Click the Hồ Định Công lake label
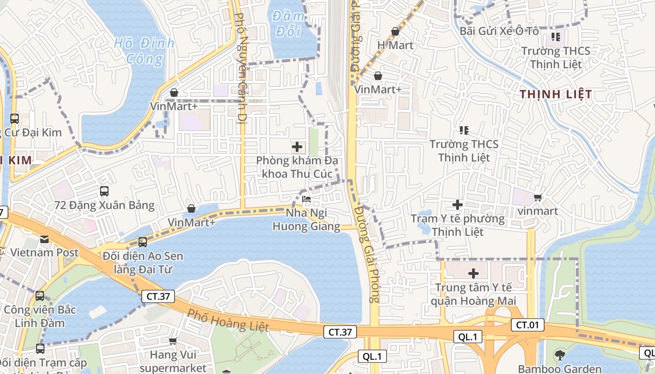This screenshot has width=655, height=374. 145,51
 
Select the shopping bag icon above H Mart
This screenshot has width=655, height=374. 395,31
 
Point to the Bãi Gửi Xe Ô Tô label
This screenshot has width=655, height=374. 499,31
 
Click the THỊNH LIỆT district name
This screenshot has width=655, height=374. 556,94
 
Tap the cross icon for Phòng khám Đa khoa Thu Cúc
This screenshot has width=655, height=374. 297,147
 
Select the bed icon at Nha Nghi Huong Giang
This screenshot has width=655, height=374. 306,199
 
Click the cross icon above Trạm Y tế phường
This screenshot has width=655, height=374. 458,204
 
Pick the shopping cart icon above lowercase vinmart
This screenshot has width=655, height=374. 538,197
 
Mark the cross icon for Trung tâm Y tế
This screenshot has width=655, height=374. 473,273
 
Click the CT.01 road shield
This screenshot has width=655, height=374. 527,325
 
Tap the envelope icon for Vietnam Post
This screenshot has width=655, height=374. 44,239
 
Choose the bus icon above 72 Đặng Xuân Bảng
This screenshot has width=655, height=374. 104,191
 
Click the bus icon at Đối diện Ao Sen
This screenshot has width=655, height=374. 143,242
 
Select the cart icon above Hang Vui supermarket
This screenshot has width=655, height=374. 173,341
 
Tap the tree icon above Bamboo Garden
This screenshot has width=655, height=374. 560,355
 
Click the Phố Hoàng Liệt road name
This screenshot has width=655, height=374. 228,320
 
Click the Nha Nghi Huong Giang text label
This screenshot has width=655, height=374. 306,220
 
